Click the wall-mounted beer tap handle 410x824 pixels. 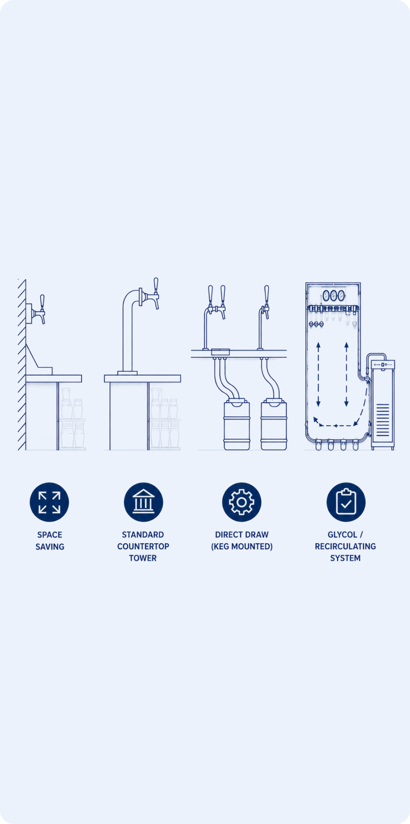(42, 302)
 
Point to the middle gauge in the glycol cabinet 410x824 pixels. (334, 295)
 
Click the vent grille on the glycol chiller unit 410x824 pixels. (383, 419)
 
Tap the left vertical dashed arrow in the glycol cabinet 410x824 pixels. (319, 374)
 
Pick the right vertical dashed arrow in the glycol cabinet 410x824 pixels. (346, 374)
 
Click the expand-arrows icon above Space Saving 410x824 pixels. (49, 502)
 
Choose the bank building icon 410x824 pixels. (144, 502)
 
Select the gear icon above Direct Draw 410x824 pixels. (241, 502)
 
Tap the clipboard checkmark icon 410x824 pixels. (346, 502)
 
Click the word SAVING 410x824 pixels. (50, 546)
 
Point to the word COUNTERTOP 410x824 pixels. (143, 546)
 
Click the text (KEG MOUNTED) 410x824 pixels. (242, 546)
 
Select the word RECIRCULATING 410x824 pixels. (345, 546)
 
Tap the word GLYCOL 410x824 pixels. (342, 535)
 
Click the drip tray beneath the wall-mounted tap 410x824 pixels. (40, 360)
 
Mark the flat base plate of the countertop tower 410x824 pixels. (127, 373)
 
